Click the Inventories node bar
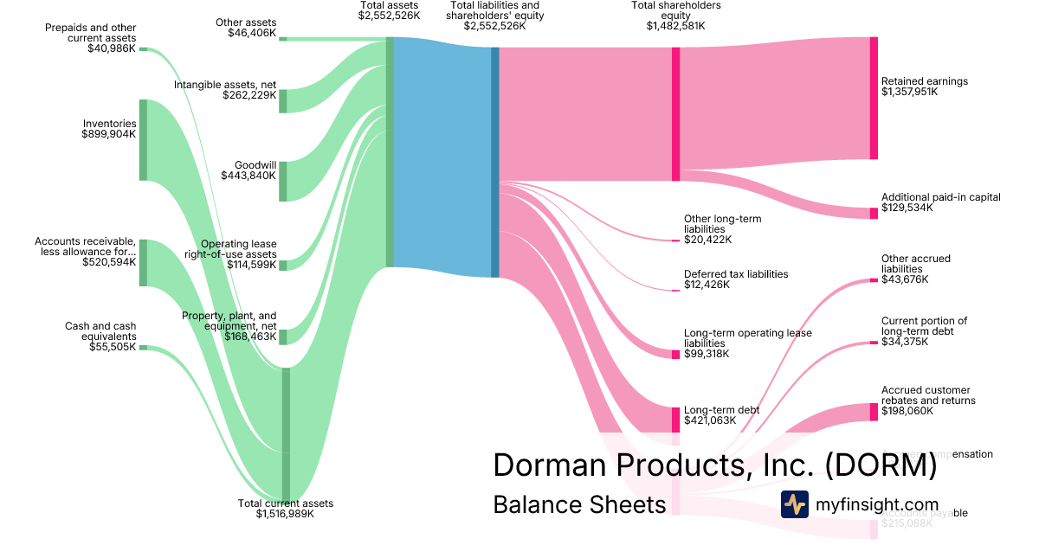coord(144,140)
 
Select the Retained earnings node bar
coord(874,99)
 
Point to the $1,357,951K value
coord(909,92)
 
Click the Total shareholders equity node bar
coord(675,114)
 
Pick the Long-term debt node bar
coord(675,420)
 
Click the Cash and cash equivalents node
coord(144,348)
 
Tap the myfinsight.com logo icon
coord(794,504)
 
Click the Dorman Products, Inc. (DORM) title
coord(714,465)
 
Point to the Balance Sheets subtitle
coord(579,504)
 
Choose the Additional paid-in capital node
coord(874,214)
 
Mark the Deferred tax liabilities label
coord(736,273)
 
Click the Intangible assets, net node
coord(283,100)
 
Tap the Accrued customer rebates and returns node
coord(874,412)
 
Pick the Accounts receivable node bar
coord(144,263)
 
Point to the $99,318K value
coord(707,354)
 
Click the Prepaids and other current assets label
coord(91,33)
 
